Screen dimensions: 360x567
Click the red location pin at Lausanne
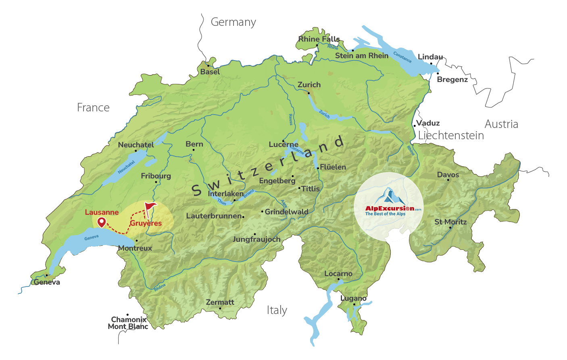click(x=101, y=222)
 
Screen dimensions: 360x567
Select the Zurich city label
click(x=309, y=85)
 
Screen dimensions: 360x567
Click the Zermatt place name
click(x=220, y=302)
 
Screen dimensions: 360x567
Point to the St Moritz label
click(x=450, y=222)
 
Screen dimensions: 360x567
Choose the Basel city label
click(x=210, y=72)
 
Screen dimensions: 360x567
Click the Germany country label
click(x=233, y=22)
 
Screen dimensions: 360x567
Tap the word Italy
click(x=277, y=310)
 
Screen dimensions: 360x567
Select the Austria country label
click(x=501, y=124)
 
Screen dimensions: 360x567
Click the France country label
click(x=93, y=108)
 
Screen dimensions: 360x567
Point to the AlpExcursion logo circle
click(x=389, y=207)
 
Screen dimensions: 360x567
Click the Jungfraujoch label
click(x=256, y=239)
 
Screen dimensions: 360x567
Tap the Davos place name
click(x=448, y=175)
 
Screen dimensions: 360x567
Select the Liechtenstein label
click(x=451, y=136)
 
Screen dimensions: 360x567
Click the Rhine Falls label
click(x=319, y=39)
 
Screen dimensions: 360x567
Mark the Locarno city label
click(x=338, y=274)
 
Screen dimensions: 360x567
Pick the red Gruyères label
click(x=146, y=223)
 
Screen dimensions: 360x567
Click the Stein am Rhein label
click(x=362, y=56)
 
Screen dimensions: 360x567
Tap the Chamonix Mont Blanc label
click(x=128, y=323)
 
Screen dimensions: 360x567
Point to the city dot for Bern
click(x=194, y=150)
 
